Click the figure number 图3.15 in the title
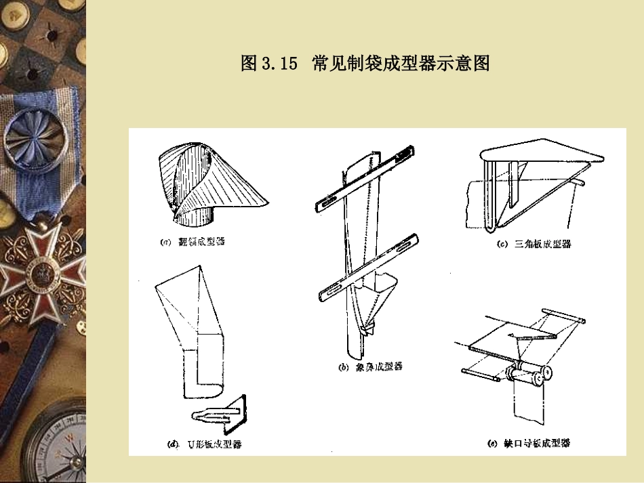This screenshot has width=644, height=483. [269, 64]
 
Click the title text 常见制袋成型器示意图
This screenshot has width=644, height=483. [401, 64]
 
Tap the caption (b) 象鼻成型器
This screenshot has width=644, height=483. [369, 366]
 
